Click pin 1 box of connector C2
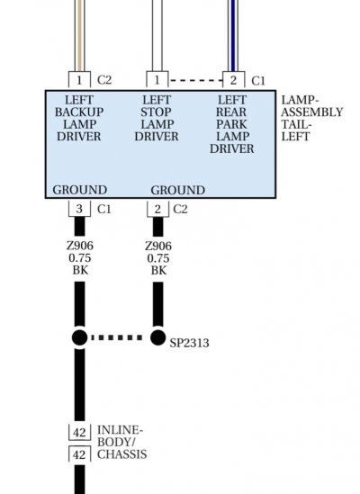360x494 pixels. point(79,80)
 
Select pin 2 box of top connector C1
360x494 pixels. point(233,80)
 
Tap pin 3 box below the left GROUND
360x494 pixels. point(79,209)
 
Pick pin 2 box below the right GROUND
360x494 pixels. point(157,209)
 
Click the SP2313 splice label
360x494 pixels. point(189,343)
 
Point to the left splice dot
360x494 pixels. point(80,337)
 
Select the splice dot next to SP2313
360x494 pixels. point(157,337)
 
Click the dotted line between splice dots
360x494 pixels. point(117,337)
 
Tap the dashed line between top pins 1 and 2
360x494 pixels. point(196,81)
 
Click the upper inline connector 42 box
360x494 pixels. point(79,432)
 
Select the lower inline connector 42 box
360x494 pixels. point(79,454)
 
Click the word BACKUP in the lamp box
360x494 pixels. point(79,112)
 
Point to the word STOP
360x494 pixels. point(156,112)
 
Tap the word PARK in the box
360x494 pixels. point(231,124)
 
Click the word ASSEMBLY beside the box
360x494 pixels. point(311,112)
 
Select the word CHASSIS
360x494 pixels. point(122,454)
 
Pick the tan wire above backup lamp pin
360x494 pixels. point(80,36)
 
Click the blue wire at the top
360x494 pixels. point(233,36)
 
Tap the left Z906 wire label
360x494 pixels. point(80,246)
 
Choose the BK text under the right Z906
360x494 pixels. point(158,271)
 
